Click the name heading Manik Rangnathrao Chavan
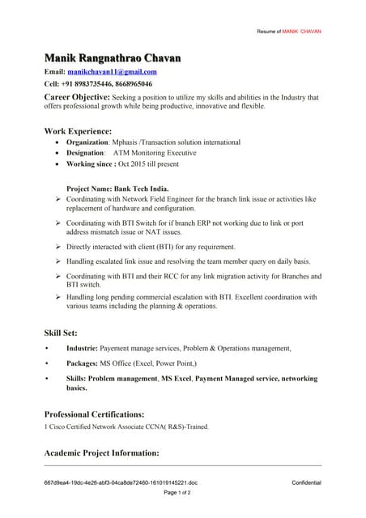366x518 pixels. pos(113,58)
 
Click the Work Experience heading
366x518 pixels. pos(78,130)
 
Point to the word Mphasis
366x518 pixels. pos(128,142)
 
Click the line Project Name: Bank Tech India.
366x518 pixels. pos(117,189)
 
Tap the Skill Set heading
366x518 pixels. pos(61,333)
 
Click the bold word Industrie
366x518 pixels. pos(82,348)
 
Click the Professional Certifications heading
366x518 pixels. pos(94,414)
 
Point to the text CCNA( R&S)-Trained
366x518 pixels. pos(178,427)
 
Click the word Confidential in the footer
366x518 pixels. pos(306,483)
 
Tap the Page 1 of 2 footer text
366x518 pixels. pos(177,492)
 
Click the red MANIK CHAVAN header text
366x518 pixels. pos(301,32)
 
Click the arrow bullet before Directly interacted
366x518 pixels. pos(58,247)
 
